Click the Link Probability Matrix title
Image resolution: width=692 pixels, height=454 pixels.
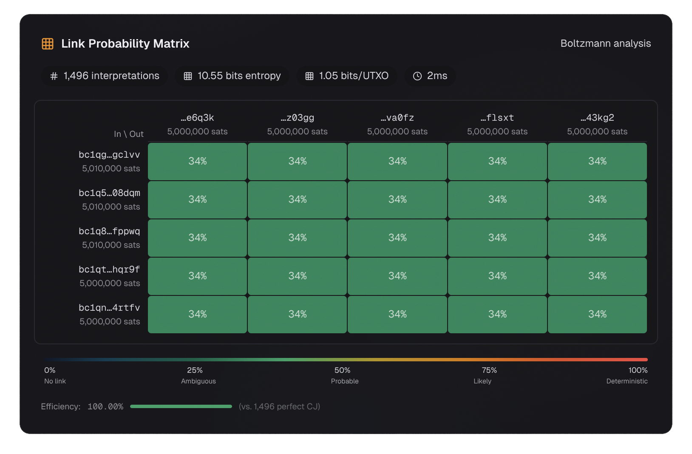click(125, 43)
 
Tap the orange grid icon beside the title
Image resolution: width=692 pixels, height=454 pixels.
click(48, 43)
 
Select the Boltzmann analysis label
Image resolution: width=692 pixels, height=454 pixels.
click(605, 43)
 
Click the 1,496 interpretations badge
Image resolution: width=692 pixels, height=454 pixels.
click(105, 76)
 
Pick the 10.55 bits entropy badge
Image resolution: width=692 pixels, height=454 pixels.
click(232, 76)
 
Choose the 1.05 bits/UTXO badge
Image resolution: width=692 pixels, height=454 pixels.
click(347, 76)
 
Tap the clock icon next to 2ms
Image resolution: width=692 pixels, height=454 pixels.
click(417, 76)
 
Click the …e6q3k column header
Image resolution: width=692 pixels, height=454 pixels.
click(197, 118)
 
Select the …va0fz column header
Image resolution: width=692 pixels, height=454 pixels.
click(397, 118)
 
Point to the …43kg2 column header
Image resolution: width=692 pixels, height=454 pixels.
click(597, 118)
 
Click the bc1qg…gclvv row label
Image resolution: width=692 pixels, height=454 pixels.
click(109, 155)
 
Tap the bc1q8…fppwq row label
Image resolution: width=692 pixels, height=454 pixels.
click(109, 231)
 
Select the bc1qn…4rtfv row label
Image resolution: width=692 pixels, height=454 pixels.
click(109, 308)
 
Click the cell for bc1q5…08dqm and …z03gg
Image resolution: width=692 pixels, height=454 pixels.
click(297, 199)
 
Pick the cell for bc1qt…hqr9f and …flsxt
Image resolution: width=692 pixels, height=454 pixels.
click(497, 276)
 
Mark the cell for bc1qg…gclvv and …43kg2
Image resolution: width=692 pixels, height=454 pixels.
click(597, 161)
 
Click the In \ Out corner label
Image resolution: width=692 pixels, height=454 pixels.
click(129, 134)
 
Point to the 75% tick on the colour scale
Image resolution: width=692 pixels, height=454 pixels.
click(489, 370)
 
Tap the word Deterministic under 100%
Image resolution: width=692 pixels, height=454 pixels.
click(627, 381)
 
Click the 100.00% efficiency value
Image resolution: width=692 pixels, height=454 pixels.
click(105, 406)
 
